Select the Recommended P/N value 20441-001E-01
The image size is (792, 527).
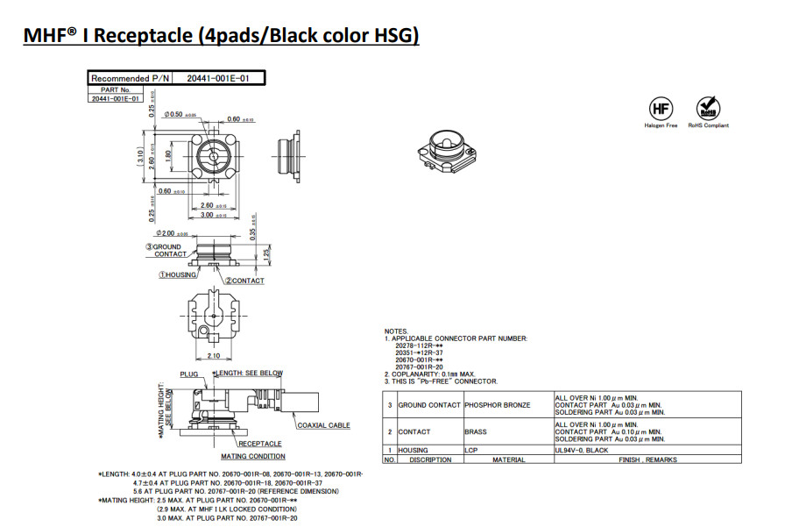click(218, 78)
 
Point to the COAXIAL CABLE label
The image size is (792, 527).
click(323, 425)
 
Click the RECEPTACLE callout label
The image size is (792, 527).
click(260, 444)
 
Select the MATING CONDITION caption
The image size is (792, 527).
click(252, 456)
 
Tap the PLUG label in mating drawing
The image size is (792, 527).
click(190, 373)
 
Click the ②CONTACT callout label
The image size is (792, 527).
click(244, 281)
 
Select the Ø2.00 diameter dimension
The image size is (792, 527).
click(167, 234)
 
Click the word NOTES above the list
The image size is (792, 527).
click(396, 331)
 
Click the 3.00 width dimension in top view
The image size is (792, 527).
click(207, 215)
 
